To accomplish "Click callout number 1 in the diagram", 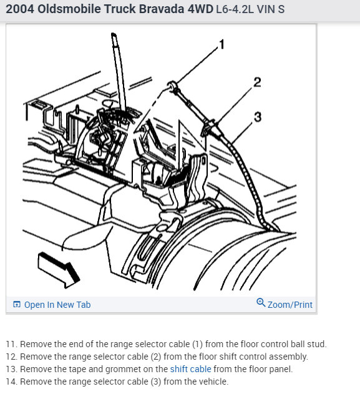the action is point(221,45).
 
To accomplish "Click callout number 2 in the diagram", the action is point(257,82).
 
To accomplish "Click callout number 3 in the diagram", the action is point(258,117).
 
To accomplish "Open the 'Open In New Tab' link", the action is point(57,305).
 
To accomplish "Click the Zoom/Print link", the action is point(290,305).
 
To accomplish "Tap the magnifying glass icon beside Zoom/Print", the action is point(261,303).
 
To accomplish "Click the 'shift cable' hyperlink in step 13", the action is point(190,369).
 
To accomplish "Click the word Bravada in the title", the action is point(162,9).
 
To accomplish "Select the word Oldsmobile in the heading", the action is point(69,9).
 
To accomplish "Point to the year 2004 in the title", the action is point(20,9).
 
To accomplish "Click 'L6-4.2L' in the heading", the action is point(235,9).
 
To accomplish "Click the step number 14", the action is point(12,382).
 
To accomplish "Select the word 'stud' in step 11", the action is point(317,344).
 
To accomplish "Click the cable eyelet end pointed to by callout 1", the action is point(172,85).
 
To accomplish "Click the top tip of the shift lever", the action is point(114,34).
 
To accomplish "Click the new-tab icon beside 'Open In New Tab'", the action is point(17,304).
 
